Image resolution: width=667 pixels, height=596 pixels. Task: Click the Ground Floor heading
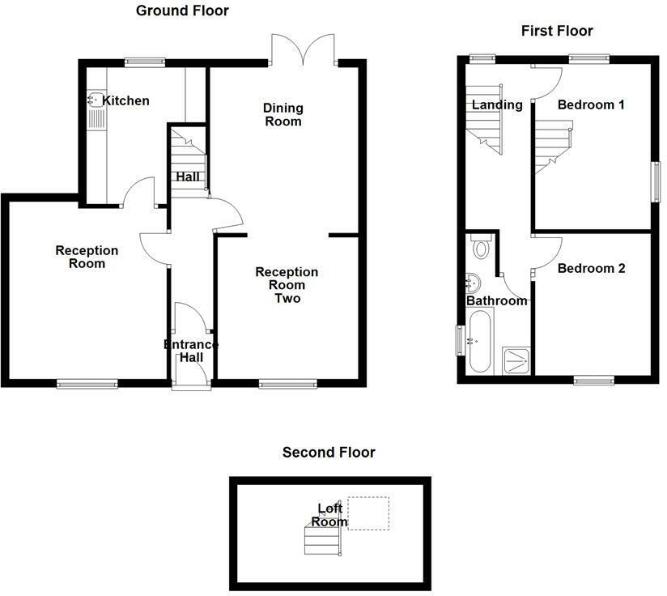181,11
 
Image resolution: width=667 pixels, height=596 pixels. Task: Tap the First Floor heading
556,31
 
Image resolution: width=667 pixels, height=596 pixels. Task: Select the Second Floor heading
329,452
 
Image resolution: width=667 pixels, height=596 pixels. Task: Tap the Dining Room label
283,114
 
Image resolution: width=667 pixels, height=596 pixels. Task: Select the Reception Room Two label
287,285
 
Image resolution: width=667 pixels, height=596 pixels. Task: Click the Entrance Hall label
191,351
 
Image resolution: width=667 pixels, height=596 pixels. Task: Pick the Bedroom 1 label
591,104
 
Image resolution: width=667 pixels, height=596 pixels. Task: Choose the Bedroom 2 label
591,268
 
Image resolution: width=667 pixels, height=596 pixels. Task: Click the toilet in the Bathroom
482,247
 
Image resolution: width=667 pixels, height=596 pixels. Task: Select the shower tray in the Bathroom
516,360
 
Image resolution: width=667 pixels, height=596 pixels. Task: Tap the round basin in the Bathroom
474,283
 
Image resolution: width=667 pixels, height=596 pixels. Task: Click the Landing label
497,104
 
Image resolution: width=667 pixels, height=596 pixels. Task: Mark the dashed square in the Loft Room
368,513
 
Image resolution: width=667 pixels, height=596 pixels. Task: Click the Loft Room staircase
320,538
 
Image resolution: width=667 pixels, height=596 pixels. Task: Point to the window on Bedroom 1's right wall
656,179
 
